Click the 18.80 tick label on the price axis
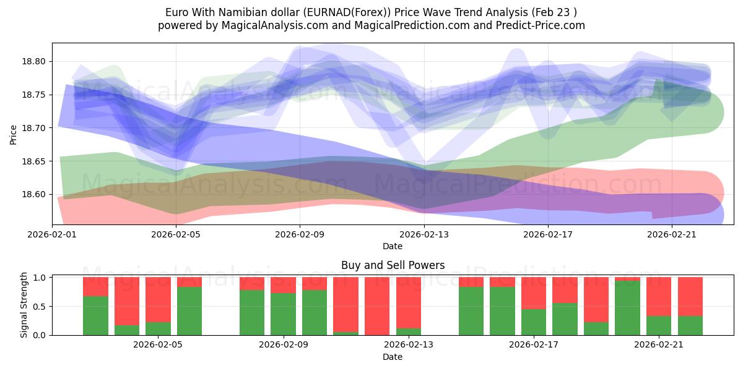35,62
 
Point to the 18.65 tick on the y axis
35,161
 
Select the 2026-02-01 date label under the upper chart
52,234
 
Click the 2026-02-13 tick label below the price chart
424,234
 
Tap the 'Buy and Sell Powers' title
393,265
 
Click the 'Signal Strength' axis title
24,305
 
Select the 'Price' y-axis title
14,134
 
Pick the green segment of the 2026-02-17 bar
533,322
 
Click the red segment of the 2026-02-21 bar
659,296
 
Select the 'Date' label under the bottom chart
393,357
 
